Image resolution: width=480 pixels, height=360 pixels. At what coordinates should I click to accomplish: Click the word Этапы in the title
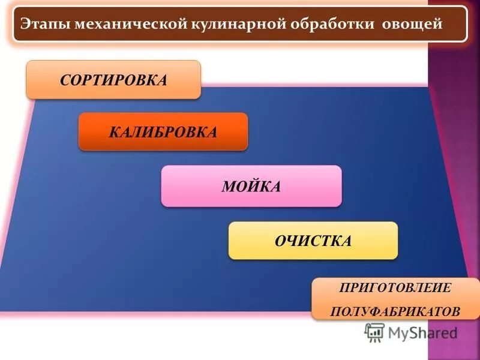pos(41,25)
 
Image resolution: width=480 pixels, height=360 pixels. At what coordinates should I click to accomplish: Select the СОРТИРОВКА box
pos(113,80)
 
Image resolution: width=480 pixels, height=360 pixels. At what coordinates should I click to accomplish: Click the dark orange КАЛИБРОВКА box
pos(163,131)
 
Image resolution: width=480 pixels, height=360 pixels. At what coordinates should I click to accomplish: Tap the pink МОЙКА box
pos(251,187)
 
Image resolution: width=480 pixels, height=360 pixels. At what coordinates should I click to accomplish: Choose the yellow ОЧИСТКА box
pos(313,241)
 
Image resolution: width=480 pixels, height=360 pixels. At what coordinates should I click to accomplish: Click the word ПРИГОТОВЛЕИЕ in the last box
pos(395,287)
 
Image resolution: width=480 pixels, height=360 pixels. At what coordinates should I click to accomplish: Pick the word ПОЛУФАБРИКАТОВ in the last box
pos(395,311)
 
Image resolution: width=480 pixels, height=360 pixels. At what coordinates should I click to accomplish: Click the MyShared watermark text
pos(422,332)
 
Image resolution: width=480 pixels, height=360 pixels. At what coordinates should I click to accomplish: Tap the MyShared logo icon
pos(375,332)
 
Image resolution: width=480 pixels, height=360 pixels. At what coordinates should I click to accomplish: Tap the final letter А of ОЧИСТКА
pos(346,241)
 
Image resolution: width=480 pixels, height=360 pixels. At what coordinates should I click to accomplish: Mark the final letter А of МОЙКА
pos(275,187)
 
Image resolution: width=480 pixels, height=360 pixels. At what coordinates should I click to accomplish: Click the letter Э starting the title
pos(25,25)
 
